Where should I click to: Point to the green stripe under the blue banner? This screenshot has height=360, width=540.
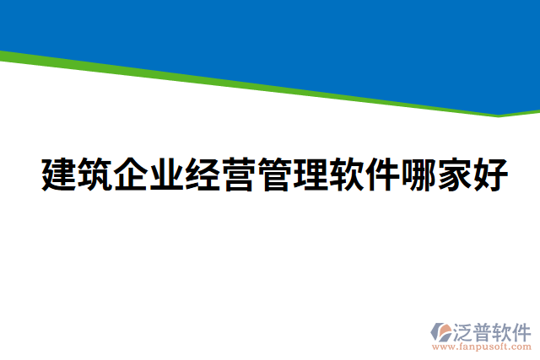pos(253,83)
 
